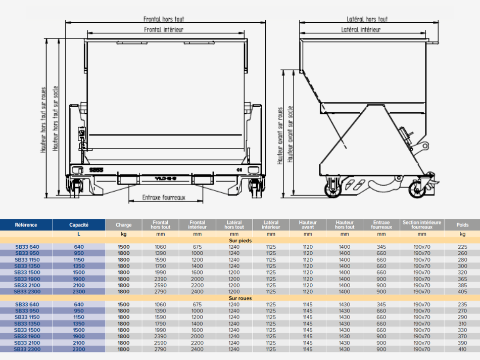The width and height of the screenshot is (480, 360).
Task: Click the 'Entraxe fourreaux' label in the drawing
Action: tap(164, 197)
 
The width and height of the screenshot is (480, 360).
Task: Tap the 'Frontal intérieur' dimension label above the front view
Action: tap(164, 29)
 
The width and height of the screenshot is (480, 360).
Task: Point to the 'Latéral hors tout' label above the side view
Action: tap(367, 19)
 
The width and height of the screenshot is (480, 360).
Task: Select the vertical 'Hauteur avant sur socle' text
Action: tap(290, 134)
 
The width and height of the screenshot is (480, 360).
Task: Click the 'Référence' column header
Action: tap(26, 225)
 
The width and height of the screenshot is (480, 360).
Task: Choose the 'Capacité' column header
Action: tap(79, 225)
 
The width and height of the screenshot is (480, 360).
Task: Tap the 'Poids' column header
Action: tap(462, 225)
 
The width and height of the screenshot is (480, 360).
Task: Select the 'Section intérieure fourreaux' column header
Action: tap(422, 224)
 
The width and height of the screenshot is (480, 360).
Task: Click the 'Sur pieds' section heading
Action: tap(241, 241)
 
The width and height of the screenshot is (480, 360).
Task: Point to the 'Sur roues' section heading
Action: tap(241, 298)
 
